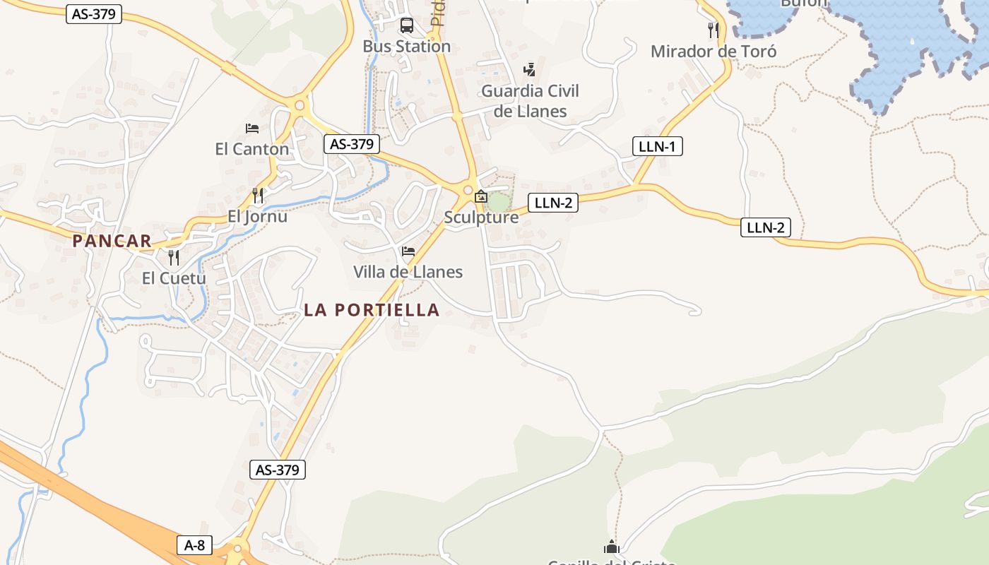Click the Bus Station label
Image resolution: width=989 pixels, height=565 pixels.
tap(406, 47)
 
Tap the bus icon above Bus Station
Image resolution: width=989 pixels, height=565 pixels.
tap(407, 26)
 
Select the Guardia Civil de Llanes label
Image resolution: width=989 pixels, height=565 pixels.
tap(530, 101)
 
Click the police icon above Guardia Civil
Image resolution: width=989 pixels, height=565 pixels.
tap(529, 69)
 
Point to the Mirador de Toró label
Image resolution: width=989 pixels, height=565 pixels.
tap(713, 52)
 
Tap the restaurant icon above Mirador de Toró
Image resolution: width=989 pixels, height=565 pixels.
tap(713, 30)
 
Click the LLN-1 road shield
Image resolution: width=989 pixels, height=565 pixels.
tap(657, 147)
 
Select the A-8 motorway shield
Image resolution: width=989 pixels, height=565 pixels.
tap(194, 545)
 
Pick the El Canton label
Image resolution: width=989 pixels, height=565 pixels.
tap(252, 149)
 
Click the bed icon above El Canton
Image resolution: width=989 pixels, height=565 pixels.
tap(252, 128)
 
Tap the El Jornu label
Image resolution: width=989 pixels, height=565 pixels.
tap(257, 217)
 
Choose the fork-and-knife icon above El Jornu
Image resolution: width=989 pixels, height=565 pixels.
tap(258, 195)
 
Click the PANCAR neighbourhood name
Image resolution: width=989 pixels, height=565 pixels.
tap(112, 241)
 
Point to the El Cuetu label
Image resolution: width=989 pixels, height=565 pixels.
tap(174, 278)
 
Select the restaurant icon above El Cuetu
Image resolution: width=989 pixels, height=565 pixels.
tap(174, 257)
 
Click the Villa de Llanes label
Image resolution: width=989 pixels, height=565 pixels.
tap(408, 272)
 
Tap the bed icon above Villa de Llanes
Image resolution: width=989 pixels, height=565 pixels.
tap(408, 251)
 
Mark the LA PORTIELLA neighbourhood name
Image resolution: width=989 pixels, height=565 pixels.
tap(372, 310)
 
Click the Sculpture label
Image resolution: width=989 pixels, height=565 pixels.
tap(481, 218)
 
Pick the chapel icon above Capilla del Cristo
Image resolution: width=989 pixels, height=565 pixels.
tap(612, 547)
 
